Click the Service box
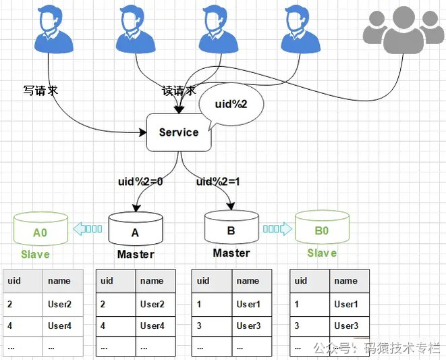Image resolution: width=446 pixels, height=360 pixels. (179, 132)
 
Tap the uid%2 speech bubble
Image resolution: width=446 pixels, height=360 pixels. (231, 105)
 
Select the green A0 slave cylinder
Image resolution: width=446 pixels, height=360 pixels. (40, 230)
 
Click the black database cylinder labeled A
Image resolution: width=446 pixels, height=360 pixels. (135, 231)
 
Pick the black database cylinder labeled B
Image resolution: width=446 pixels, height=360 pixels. (231, 229)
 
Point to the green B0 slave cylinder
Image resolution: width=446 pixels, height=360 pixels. (322, 229)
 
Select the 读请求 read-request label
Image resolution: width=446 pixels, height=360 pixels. (179, 91)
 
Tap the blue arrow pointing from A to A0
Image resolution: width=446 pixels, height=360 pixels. (88, 229)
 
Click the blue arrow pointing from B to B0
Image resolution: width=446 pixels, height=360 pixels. (277, 229)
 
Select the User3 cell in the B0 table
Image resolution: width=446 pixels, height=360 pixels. (346, 326)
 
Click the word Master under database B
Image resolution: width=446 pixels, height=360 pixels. (231, 253)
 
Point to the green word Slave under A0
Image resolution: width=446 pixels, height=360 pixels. (35, 254)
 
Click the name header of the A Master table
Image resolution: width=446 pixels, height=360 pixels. (152, 280)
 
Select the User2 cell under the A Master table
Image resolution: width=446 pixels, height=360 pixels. (152, 304)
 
